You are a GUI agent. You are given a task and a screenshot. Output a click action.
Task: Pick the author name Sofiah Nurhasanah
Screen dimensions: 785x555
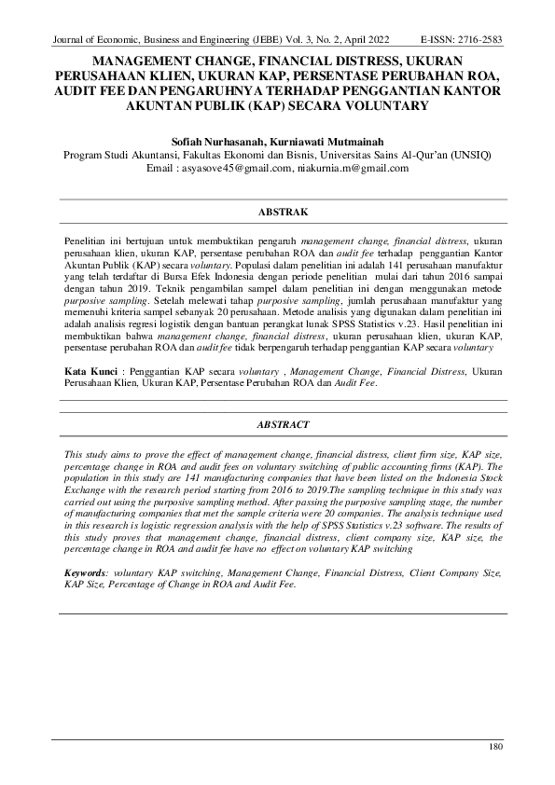(x=221, y=139)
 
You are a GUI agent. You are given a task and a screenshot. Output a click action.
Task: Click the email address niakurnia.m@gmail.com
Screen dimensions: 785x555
(x=350, y=169)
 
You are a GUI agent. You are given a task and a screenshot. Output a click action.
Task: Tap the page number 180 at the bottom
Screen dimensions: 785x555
(x=497, y=747)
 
